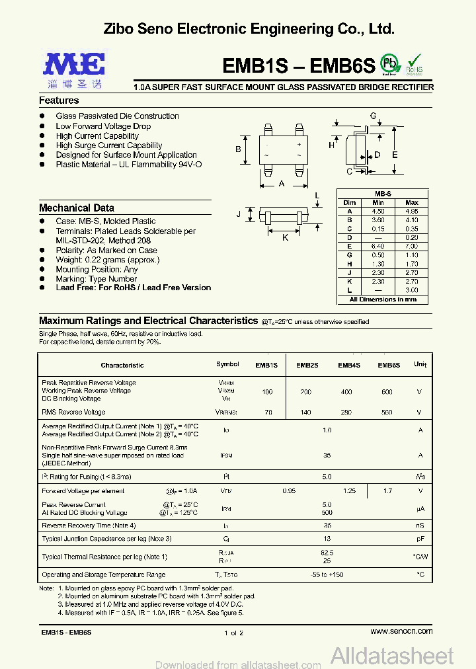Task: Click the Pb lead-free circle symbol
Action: tap(391, 64)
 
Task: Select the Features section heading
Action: tap(59, 100)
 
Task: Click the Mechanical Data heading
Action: tap(77, 208)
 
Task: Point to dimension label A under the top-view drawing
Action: tap(282, 184)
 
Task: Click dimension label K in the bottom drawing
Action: tap(286, 237)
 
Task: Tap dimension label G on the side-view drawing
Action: tap(373, 116)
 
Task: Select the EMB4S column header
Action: tap(349, 365)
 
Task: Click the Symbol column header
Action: tap(227, 365)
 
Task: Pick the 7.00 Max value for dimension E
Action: tap(411, 245)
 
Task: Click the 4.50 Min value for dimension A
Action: tap(378, 211)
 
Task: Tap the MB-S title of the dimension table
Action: tap(383, 194)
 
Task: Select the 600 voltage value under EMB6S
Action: tap(387, 391)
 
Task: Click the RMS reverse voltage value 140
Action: tap(306, 413)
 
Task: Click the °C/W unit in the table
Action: tap(420, 557)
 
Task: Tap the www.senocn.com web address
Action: tap(401, 631)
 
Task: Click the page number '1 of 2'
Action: tap(234, 633)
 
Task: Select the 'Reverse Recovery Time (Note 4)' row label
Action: tap(89, 526)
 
